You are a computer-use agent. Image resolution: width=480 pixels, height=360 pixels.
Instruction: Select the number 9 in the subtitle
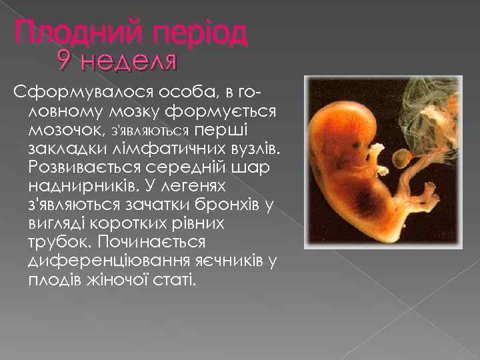click(65, 62)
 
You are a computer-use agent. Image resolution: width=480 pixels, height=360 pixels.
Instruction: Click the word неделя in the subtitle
click(128, 62)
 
